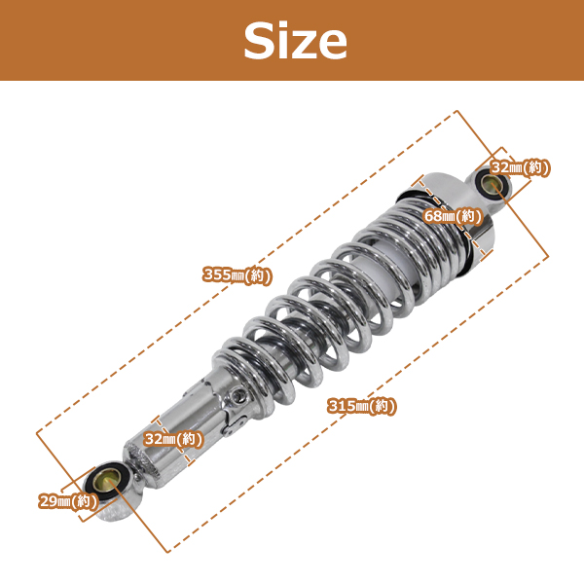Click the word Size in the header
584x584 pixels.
(x=295, y=40)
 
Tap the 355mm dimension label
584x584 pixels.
(x=237, y=275)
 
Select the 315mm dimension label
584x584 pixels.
(x=362, y=406)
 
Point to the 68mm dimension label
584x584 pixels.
(x=453, y=216)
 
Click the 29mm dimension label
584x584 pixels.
(x=68, y=501)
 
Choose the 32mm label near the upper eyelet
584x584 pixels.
(x=520, y=167)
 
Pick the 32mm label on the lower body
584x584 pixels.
(x=173, y=439)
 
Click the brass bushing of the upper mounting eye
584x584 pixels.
(x=491, y=183)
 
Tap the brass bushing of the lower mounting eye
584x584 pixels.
(x=108, y=481)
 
